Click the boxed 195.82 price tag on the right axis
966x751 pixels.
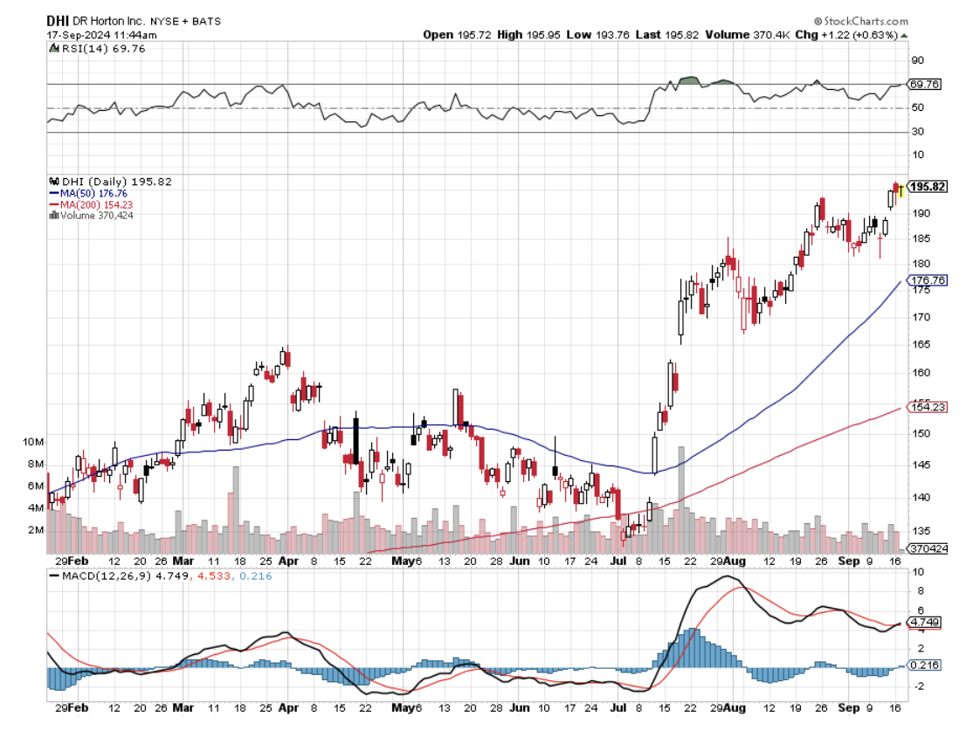coord(928,187)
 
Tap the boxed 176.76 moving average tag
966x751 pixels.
coord(928,280)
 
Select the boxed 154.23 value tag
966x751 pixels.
coord(928,407)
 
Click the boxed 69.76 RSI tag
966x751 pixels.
coord(924,85)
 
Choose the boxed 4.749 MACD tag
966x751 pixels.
coord(924,623)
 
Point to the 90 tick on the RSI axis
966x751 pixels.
coord(917,60)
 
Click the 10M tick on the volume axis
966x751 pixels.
coord(33,442)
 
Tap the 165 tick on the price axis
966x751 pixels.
coord(919,344)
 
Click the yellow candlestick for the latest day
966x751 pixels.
coord(900,189)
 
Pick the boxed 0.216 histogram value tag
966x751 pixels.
coord(924,665)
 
